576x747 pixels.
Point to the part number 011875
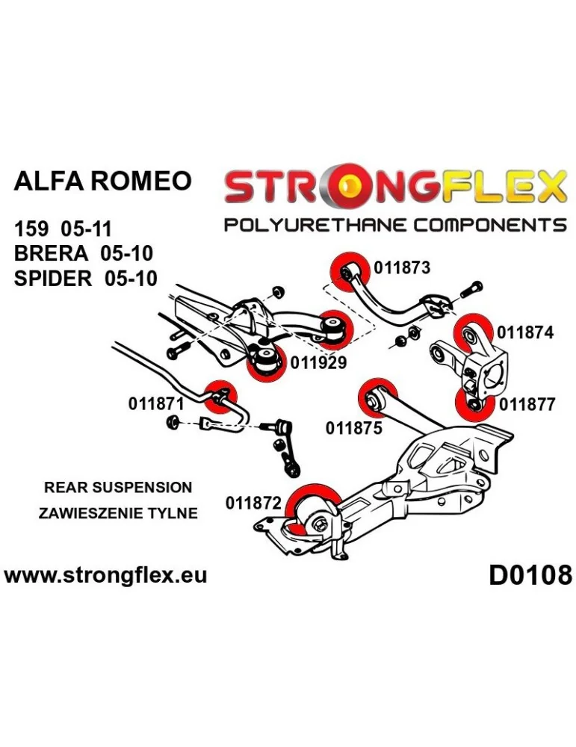(x=353, y=428)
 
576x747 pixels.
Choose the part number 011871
(x=155, y=404)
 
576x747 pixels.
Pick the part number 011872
(x=253, y=504)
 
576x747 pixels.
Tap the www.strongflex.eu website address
(x=105, y=575)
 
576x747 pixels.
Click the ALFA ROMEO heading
(x=102, y=181)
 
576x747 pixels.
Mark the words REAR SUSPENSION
(x=118, y=488)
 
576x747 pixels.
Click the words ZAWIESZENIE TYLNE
(x=118, y=513)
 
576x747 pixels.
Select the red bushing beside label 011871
(x=220, y=396)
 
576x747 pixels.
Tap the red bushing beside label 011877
(x=474, y=405)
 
